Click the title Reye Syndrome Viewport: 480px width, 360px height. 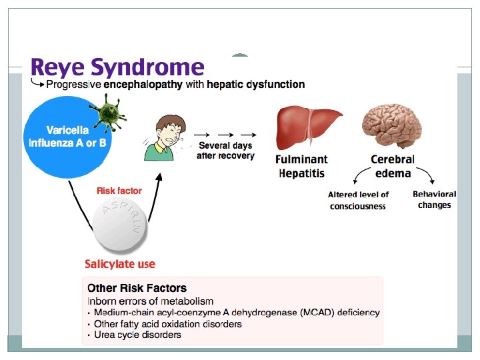click(x=117, y=67)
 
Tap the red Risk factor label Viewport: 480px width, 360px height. click(x=119, y=191)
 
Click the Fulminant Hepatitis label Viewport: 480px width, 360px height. click(x=301, y=167)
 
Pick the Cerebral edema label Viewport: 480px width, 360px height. click(x=392, y=167)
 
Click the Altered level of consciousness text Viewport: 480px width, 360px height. click(x=358, y=201)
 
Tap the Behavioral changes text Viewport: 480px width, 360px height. click(x=435, y=199)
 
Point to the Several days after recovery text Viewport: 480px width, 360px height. click(x=225, y=151)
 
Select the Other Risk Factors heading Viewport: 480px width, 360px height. click(x=137, y=289)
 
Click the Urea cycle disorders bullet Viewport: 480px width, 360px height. click(x=137, y=335)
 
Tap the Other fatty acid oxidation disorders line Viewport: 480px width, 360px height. click(x=167, y=324)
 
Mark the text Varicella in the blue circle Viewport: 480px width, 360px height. click(x=67, y=131)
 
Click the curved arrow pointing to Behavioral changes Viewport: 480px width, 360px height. click(x=426, y=177)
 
